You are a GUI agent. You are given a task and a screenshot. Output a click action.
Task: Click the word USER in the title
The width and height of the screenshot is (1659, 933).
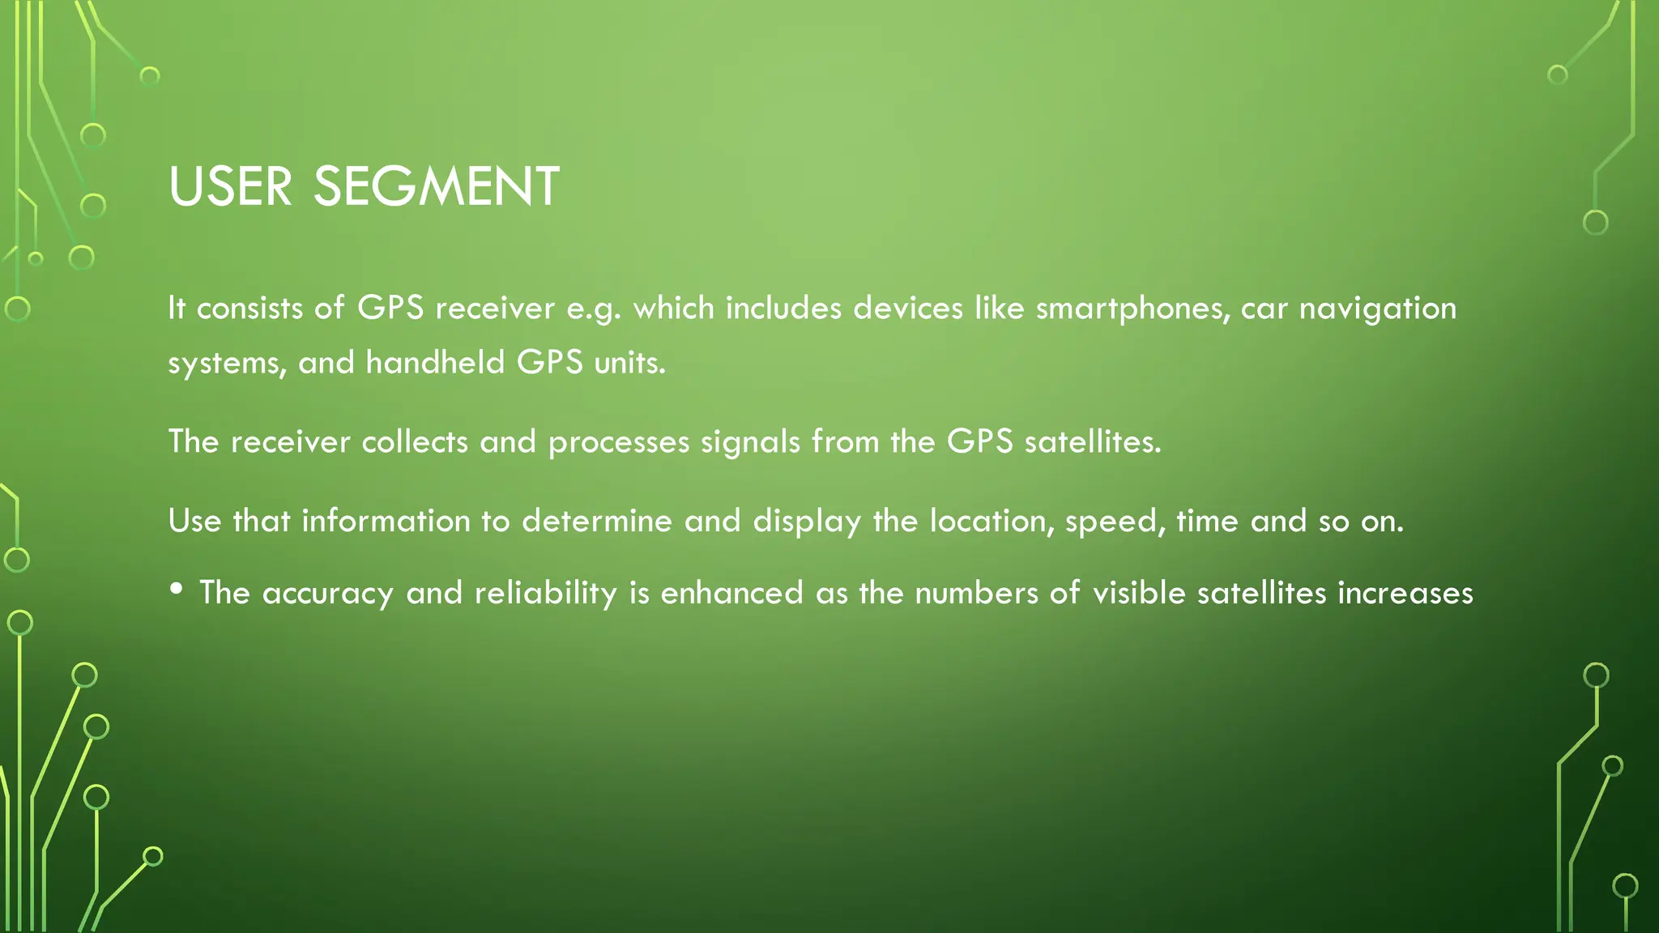coord(230,187)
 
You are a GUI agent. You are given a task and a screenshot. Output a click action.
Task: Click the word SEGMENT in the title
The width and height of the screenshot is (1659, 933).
coord(436,187)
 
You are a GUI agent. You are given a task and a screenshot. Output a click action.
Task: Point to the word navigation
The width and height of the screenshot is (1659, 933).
coord(1377,309)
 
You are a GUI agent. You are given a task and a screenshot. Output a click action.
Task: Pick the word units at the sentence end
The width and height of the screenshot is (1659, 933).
coord(629,362)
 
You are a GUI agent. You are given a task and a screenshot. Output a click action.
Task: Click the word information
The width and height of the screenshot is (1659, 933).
coord(386,521)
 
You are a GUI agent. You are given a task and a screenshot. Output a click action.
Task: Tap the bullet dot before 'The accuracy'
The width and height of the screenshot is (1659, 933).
coord(177,590)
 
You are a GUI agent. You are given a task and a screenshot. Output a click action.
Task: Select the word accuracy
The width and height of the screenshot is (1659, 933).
coord(328,594)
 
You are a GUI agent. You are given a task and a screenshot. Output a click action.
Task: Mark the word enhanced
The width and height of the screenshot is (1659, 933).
coord(732,594)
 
